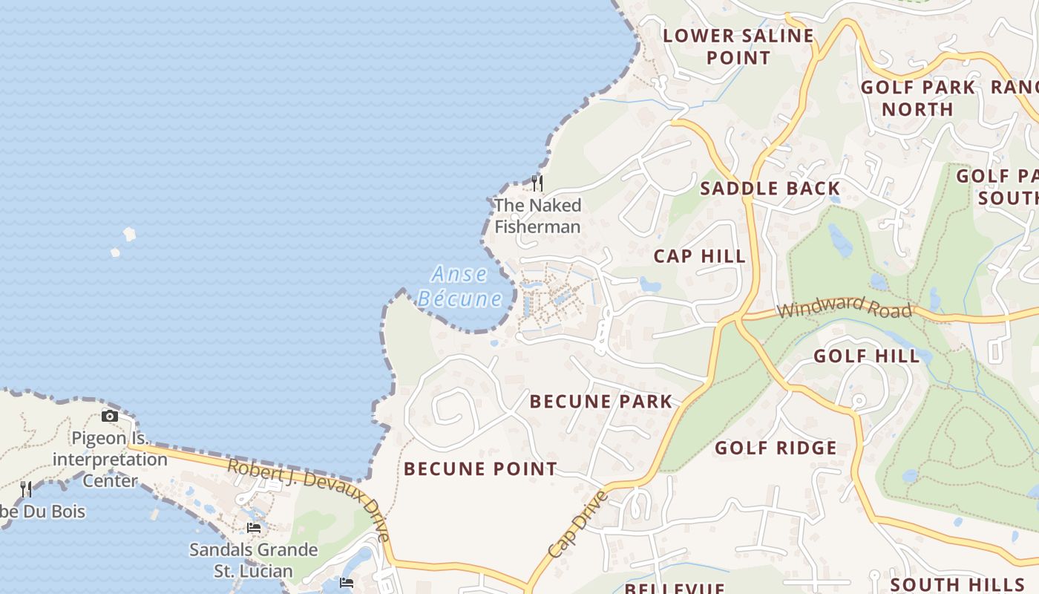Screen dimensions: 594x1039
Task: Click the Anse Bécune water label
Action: [x=459, y=287]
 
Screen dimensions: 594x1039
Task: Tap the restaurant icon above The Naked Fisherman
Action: [x=537, y=183]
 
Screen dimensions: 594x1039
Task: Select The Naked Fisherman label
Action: [x=537, y=216]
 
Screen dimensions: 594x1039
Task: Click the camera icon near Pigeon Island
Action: [x=110, y=417]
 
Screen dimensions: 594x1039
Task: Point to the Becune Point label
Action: [x=480, y=469]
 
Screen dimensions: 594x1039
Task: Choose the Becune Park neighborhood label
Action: [x=600, y=402]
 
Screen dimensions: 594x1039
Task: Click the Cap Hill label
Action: [x=699, y=257]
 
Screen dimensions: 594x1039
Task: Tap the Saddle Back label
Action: [x=770, y=189]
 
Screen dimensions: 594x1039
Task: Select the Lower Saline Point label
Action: [x=738, y=46]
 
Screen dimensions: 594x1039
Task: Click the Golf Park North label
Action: [x=917, y=98]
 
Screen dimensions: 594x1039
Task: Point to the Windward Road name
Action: [x=844, y=305]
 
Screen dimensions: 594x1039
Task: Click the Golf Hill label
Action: [x=866, y=356]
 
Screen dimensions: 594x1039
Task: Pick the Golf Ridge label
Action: [x=776, y=448]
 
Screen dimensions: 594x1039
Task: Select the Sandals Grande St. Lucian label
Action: [x=253, y=561]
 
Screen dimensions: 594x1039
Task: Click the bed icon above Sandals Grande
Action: [x=254, y=528]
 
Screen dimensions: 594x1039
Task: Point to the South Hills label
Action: [x=957, y=584]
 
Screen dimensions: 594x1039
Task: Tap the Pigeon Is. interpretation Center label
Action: [x=110, y=459]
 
